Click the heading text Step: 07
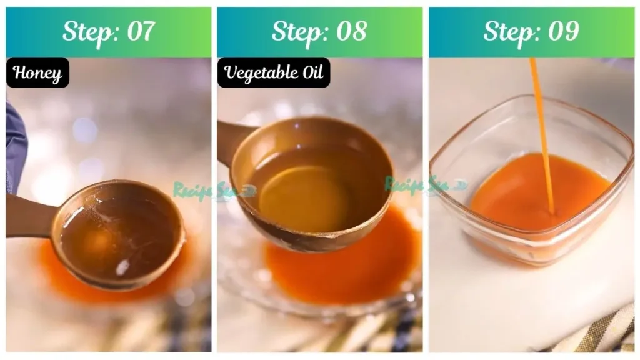(108, 31)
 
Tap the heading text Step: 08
(319, 31)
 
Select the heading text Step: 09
(531, 31)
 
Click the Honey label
(37, 73)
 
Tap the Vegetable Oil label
(274, 73)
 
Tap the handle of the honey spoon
(28, 216)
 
